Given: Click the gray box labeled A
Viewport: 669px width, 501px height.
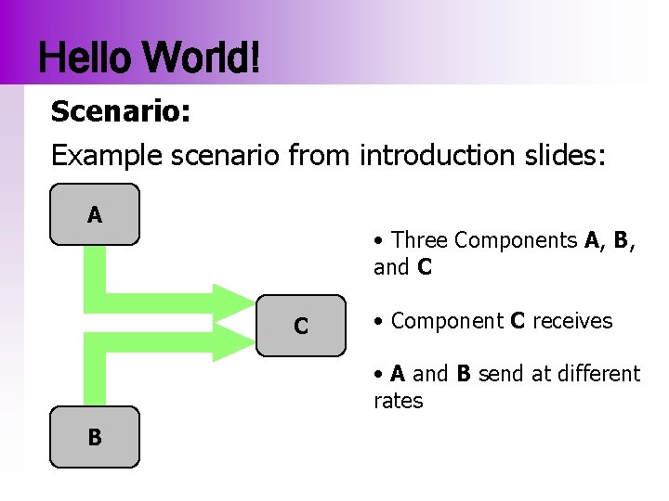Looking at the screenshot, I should point(94,214).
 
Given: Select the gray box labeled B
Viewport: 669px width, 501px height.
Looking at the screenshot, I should point(94,436).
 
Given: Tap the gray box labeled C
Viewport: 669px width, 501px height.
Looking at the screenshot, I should point(300,326).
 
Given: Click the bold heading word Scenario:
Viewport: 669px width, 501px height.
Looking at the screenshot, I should point(121,112).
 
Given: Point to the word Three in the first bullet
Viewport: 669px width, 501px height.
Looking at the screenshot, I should point(420,240).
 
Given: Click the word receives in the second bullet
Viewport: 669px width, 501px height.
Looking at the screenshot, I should point(573,321).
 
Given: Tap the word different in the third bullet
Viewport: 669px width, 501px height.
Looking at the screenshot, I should point(599,374).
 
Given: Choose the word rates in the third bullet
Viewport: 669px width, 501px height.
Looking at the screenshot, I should point(398,401).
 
